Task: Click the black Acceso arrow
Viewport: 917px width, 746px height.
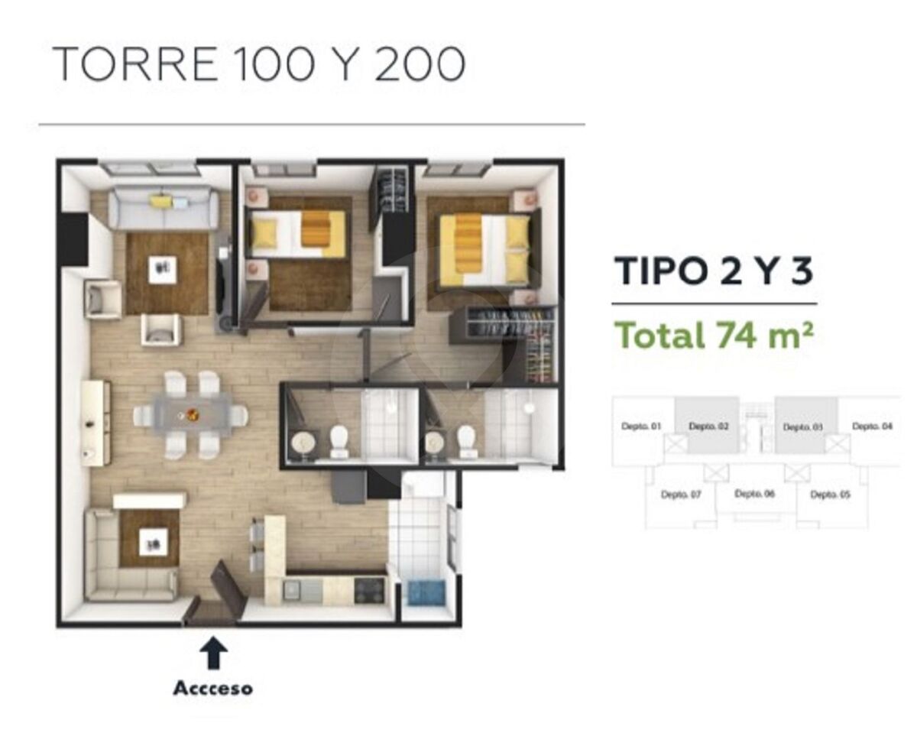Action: pos(213,653)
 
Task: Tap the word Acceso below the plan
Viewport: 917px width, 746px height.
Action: pos(212,689)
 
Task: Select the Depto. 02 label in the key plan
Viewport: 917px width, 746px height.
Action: pos(708,427)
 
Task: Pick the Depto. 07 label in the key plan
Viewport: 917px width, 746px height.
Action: pos(681,495)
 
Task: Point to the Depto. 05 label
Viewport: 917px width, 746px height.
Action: pos(831,495)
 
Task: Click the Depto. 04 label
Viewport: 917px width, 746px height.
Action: pos(872,427)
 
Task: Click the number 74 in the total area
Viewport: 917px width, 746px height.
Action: pos(735,336)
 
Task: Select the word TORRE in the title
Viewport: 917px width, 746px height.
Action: pos(134,63)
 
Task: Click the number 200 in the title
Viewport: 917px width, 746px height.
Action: pos(420,63)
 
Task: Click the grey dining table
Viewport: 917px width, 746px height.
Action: pos(191,414)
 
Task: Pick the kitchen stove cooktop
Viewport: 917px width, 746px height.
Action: pos(369,590)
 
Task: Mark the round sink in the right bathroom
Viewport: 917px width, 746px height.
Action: pos(436,442)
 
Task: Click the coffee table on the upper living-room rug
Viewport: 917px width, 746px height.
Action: pos(162,270)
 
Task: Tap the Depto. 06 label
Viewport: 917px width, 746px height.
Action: pos(755,494)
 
